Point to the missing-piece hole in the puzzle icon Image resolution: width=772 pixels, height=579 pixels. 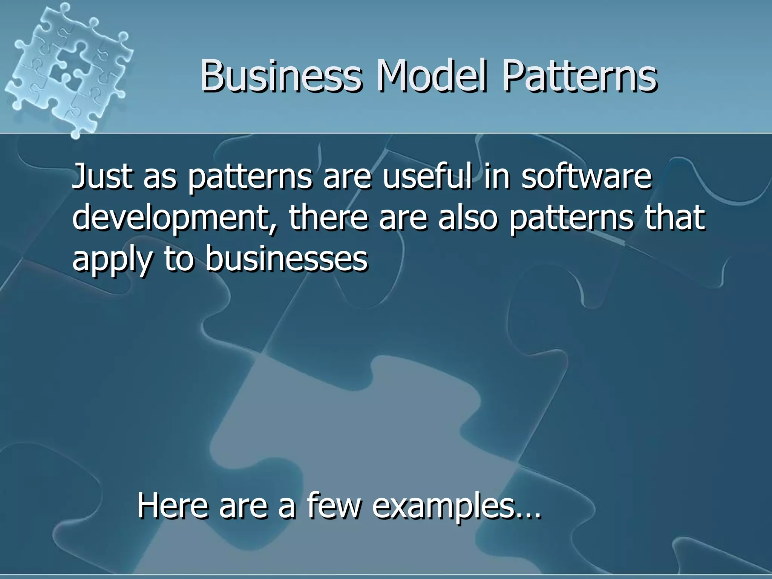tap(60, 72)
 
